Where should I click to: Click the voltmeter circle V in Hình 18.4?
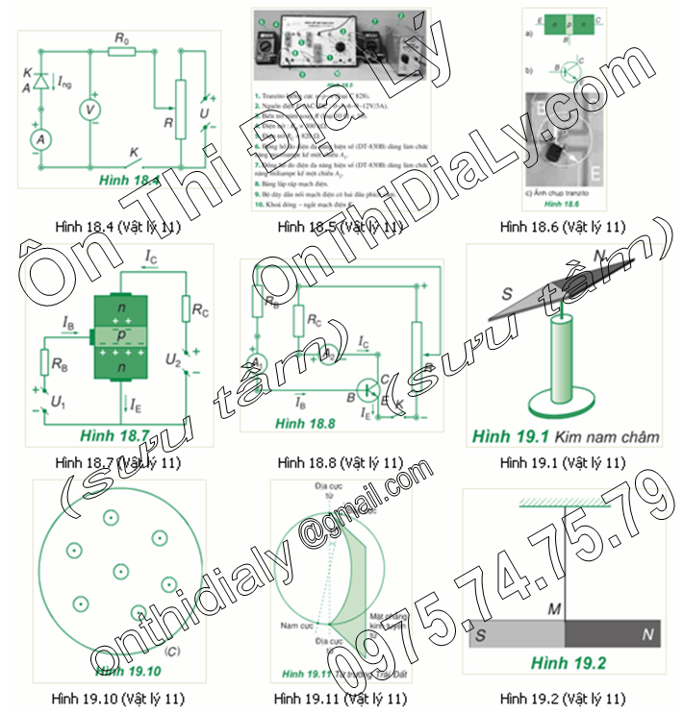pyautogui.click(x=90, y=111)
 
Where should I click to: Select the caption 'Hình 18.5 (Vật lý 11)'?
pyautogui.click(x=339, y=227)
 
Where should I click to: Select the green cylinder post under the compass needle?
pyautogui.click(x=562, y=360)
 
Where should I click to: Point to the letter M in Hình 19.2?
pyautogui.click(x=555, y=609)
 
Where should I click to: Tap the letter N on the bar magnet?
pyautogui.click(x=646, y=635)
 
